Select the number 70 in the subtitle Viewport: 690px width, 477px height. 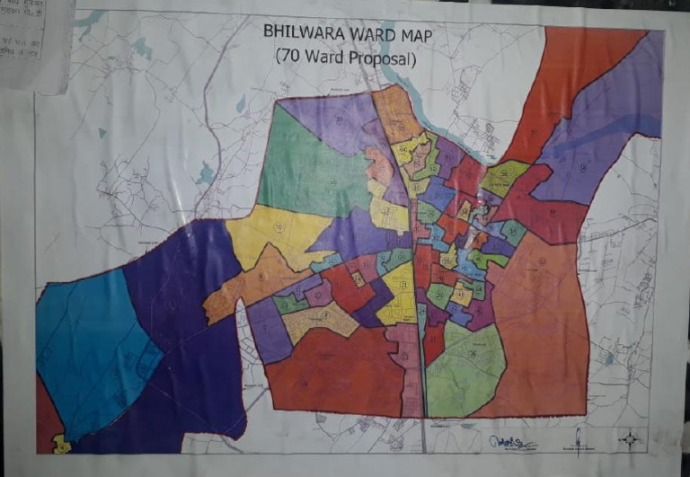pos(291,56)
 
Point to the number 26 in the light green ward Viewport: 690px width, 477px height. pos(473,354)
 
